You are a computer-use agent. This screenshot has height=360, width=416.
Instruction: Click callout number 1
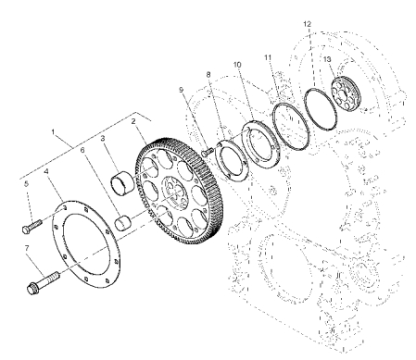[x=53, y=132]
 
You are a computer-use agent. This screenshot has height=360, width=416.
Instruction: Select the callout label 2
[x=133, y=121]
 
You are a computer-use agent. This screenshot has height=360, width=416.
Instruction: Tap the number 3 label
[x=103, y=138]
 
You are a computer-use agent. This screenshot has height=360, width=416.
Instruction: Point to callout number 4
[x=46, y=171]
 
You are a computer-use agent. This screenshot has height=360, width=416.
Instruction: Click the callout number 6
[x=82, y=150]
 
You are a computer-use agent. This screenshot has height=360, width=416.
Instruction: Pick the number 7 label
[x=27, y=248]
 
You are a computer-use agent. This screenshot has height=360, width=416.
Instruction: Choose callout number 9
[x=181, y=90]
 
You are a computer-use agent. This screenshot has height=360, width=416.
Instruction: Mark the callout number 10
[x=237, y=65]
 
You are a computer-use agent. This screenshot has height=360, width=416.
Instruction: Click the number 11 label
[x=268, y=57]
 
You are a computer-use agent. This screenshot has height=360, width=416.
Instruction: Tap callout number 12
[x=308, y=24]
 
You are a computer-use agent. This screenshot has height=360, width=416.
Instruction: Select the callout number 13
[x=327, y=59]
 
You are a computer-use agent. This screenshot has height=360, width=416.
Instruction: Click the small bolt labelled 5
[x=32, y=226]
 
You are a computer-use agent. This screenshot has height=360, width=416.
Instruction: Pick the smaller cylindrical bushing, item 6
[x=123, y=223]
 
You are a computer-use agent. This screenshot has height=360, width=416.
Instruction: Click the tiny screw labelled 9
[x=208, y=152]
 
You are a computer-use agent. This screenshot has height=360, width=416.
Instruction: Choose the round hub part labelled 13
[x=346, y=93]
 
